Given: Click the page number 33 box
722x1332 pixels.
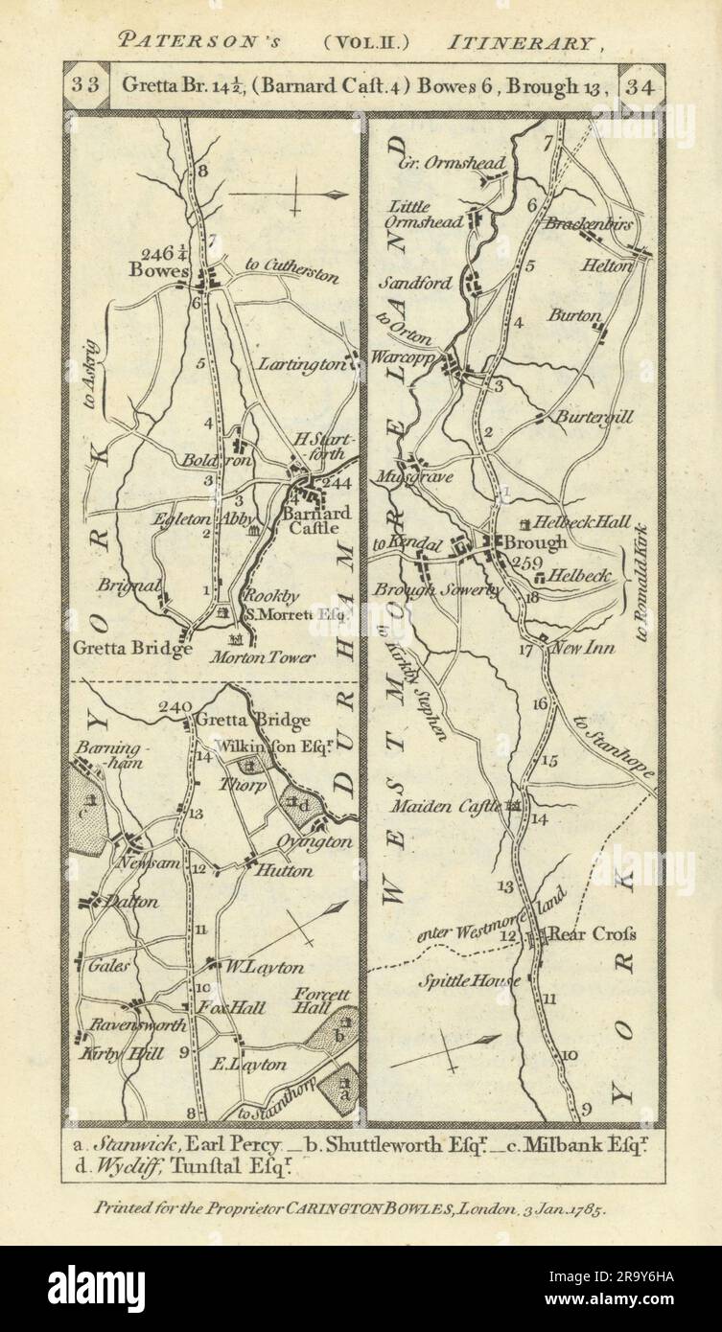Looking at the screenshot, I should (x=85, y=84).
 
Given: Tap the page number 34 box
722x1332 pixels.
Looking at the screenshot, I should (x=637, y=84).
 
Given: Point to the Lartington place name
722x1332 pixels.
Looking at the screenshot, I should (x=300, y=365).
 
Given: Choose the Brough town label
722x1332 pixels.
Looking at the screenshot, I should (x=541, y=541).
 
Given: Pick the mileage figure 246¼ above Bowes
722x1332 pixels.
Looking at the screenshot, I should (x=162, y=254).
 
